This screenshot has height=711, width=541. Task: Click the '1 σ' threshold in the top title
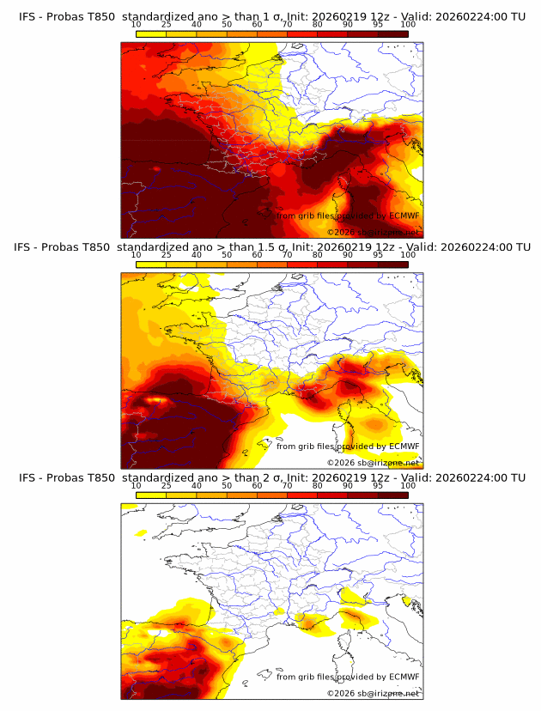[270, 15]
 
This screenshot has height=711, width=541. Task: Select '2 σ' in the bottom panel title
[270, 477]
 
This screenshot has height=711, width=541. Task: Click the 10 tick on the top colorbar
[137, 25]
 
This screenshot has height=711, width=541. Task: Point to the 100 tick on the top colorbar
[408, 25]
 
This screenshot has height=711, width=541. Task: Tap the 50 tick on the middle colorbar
[227, 255]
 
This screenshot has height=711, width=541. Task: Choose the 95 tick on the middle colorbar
[378, 255]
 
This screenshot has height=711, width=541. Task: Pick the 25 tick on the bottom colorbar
[167, 486]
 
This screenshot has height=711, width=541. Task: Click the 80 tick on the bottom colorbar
[318, 486]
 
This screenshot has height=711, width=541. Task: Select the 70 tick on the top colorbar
[288, 25]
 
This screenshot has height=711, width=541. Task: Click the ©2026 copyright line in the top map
[373, 232]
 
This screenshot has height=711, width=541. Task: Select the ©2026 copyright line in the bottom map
[373, 693]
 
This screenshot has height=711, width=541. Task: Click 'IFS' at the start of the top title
[27, 15]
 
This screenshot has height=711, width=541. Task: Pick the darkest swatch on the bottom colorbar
[392, 495]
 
